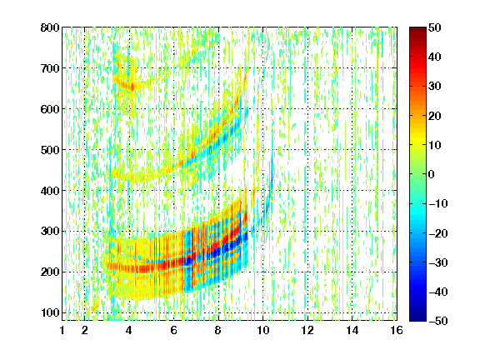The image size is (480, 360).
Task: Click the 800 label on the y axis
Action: pyautogui.click(x=50, y=27)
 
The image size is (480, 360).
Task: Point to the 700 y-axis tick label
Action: pyautogui.click(x=50, y=68)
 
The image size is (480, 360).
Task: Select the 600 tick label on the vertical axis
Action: pyautogui.click(x=50, y=109)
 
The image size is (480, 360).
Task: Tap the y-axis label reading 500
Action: pyautogui.click(x=50, y=150)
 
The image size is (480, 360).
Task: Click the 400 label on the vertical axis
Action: pyautogui.click(x=50, y=191)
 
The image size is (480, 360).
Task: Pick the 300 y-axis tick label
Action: pyautogui.click(x=50, y=231)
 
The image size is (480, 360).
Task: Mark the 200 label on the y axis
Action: pyautogui.click(x=50, y=272)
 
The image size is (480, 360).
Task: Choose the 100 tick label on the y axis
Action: pyautogui.click(x=50, y=312)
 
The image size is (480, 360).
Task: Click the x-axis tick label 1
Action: pyautogui.click(x=62, y=330)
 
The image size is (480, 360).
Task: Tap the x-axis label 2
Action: pyautogui.click(x=84, y=330)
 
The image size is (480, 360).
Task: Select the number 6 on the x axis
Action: pyautogui.click(x=173, y=330)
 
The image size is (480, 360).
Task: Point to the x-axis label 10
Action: pyautogui.click(x=262, y=330)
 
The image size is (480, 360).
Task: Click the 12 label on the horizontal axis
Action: pyautogui.click(x=307, y=330)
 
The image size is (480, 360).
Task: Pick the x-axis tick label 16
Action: pyautogui.click(x=397, y=330)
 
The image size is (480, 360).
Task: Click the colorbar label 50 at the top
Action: pyautogui.click(x=435, y=27)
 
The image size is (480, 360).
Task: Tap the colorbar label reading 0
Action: pyautogui.click(x=432, y=174)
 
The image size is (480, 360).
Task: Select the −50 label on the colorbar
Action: pyautogui.click(x=438, y=321)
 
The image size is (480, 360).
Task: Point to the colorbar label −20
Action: pyautogui.click(x=438, y=233)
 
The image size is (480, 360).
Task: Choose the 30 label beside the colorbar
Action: pyautogui.click(x=435, y=87)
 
